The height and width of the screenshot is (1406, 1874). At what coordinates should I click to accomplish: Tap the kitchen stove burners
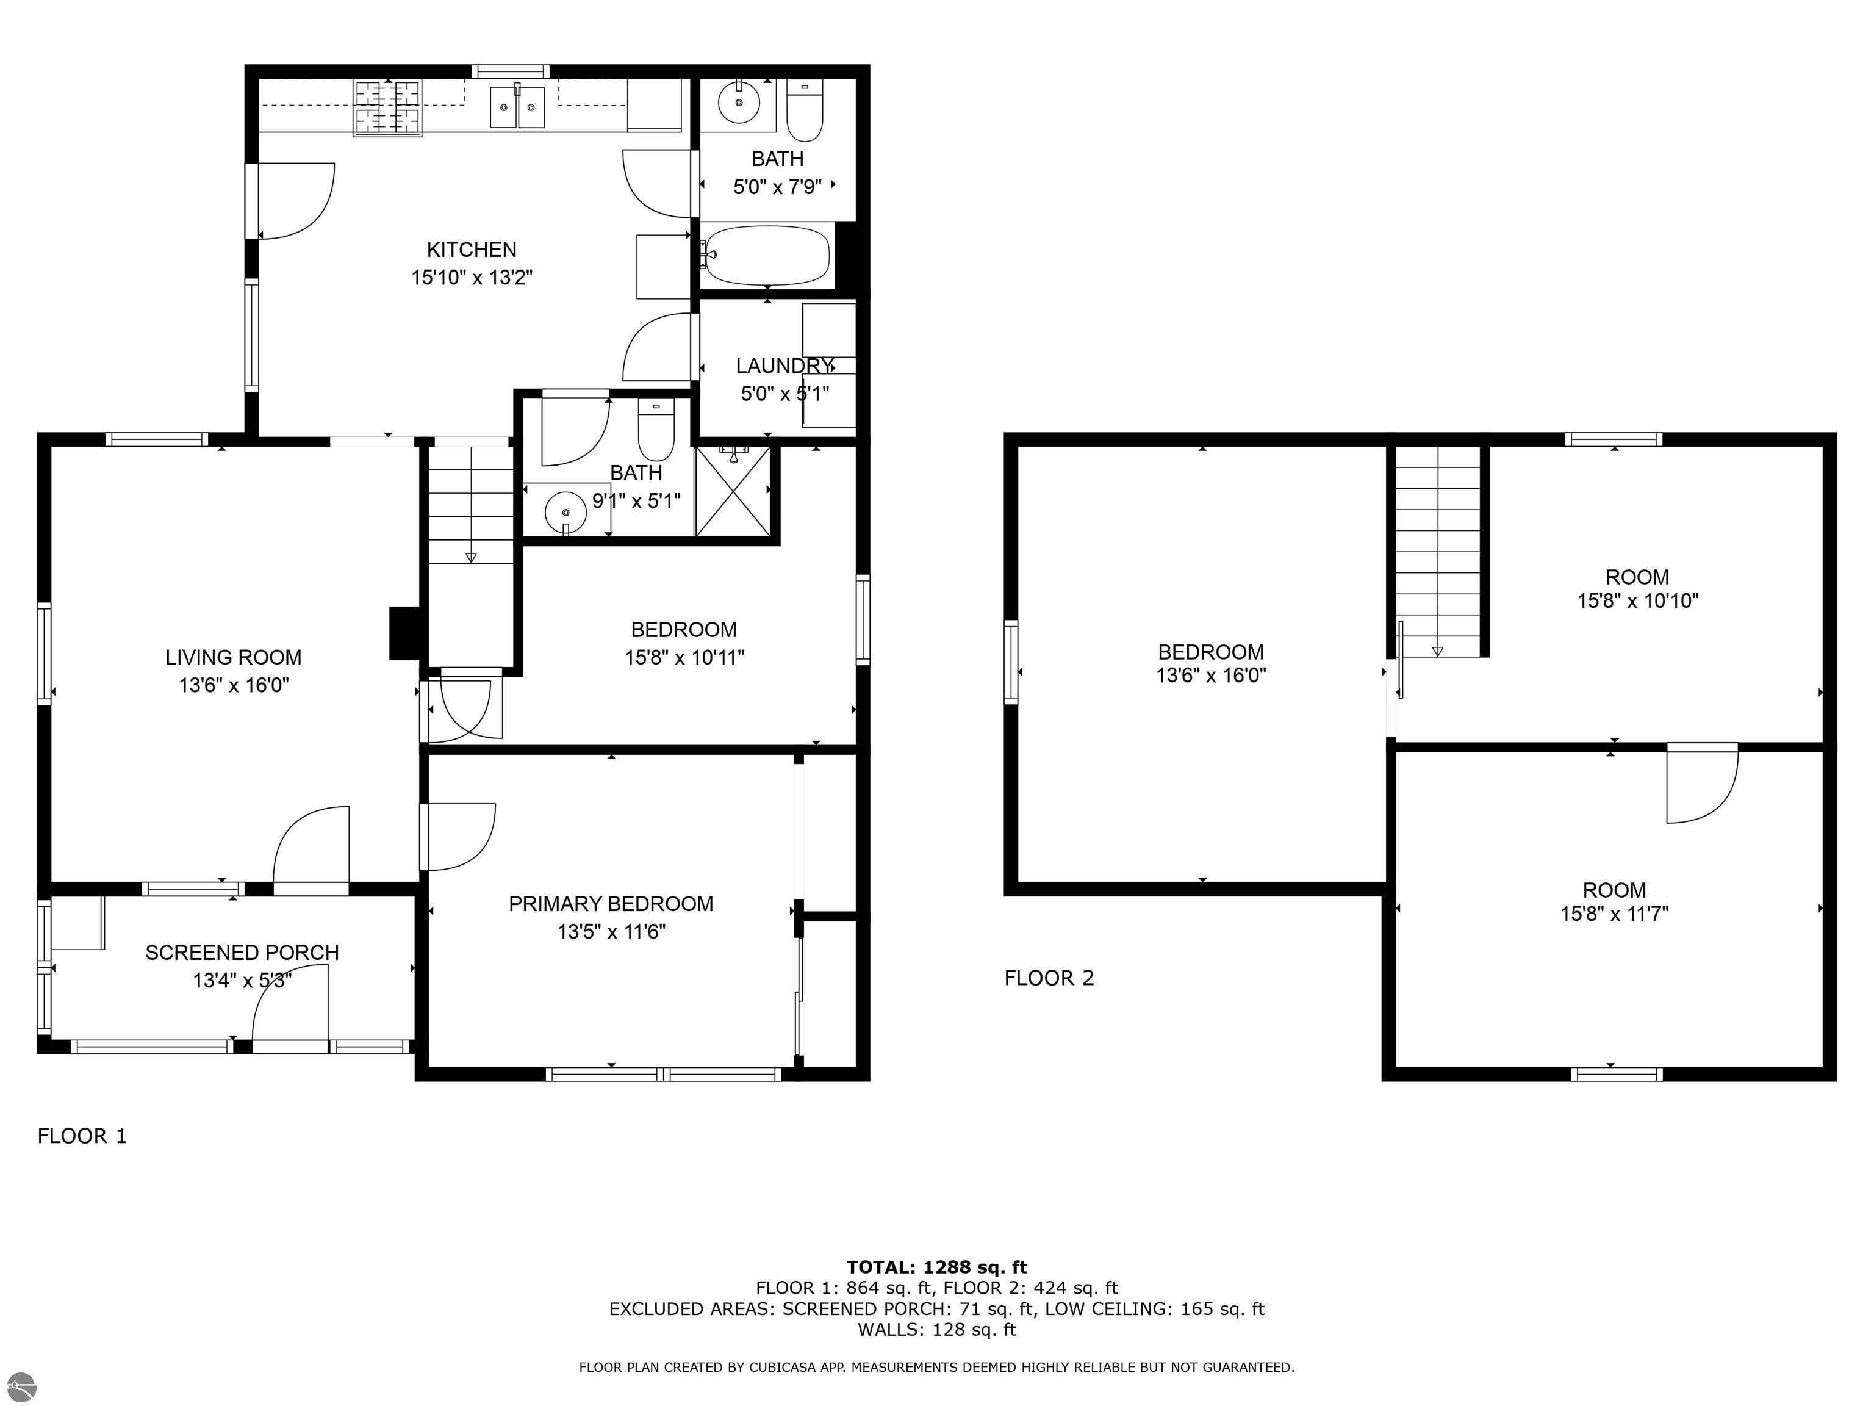[387, 107]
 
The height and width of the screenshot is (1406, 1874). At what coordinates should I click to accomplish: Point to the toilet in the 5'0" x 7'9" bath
[804, 110]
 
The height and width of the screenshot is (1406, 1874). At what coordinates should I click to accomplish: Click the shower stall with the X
[733, 491]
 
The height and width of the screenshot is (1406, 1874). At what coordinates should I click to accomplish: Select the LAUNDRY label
[784, 366]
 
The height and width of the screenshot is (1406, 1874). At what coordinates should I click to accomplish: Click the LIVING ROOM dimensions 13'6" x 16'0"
[234, 685]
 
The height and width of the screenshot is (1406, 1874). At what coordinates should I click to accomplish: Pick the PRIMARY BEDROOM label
[611, 904]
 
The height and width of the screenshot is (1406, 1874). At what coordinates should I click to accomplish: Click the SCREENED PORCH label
[242, 953]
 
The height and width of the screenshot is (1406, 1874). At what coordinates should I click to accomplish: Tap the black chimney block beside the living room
[405, 633]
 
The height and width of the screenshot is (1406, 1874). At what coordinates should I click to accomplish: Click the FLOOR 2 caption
[1049, 978]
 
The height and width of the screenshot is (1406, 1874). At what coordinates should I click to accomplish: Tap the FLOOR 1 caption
[82, 1136]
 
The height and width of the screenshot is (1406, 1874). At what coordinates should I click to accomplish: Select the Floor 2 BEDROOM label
[1211, 652]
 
